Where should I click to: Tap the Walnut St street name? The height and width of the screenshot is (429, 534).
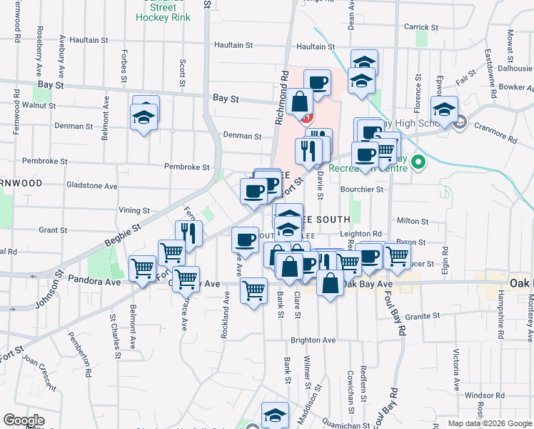(x=39, y=105)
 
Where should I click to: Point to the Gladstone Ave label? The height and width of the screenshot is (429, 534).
(x=92, y=186)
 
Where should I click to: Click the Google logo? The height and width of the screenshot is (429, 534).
(x=24, y=420)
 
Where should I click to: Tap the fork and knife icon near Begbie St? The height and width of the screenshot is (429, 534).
(x=188, y=232)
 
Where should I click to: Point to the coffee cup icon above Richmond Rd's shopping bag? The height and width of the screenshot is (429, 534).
(x=317, y=82)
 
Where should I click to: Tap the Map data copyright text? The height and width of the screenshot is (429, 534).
(x=489, y=423)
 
